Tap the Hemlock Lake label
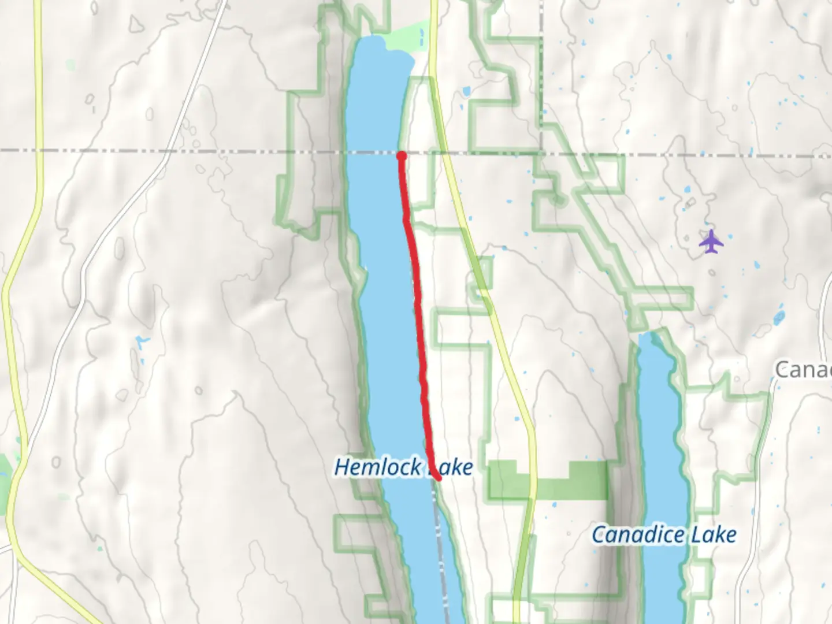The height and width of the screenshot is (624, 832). (x=403, y=467)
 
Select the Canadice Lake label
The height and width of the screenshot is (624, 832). (x=664, y=534)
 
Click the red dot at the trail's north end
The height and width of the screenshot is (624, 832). (x=402, y=155)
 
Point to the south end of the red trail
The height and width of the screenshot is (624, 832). (x=439, y=478)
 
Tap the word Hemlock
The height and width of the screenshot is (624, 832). (x=378, y=467)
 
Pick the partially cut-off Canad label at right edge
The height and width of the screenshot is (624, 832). (x=803, y=370)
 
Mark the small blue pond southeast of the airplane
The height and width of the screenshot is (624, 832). (x=778, y=317)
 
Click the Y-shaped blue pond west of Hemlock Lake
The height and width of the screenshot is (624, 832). (x=141, y=343)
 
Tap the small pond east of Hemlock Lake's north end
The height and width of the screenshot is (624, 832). (x=466, y=91)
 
